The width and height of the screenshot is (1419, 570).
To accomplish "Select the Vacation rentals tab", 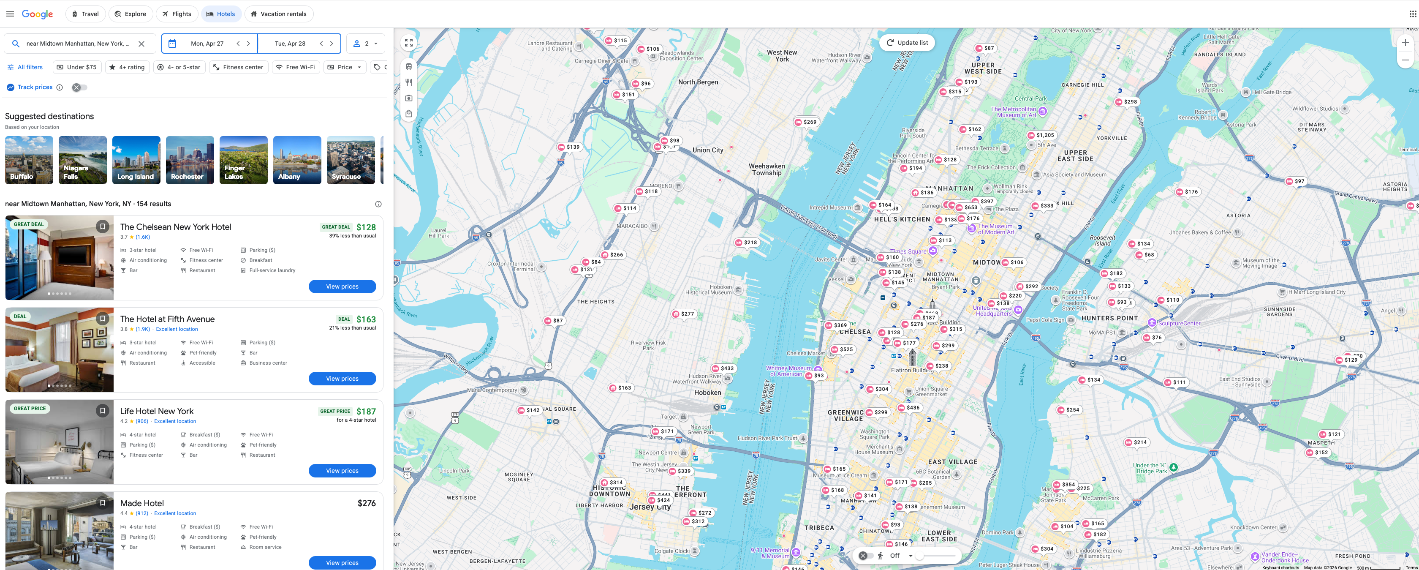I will (278, 14).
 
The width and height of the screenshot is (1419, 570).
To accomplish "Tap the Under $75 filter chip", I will (76, 67).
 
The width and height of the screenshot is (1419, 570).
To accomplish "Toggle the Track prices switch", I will (79, 87).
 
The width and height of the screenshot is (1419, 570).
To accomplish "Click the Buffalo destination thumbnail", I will (29, 160).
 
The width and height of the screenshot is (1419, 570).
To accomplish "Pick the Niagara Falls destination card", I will (83, 160).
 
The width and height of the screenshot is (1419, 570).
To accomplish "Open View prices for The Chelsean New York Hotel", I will (342, 286).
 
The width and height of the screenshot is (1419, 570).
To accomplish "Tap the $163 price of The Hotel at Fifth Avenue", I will (366, 319).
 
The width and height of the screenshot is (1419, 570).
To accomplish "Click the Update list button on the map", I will (907, 42).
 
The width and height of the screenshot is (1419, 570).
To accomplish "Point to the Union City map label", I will (707, 150).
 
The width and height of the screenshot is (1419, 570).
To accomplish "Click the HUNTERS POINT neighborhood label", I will (1109, 318).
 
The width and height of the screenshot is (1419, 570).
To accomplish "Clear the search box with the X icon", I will (141, 44).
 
